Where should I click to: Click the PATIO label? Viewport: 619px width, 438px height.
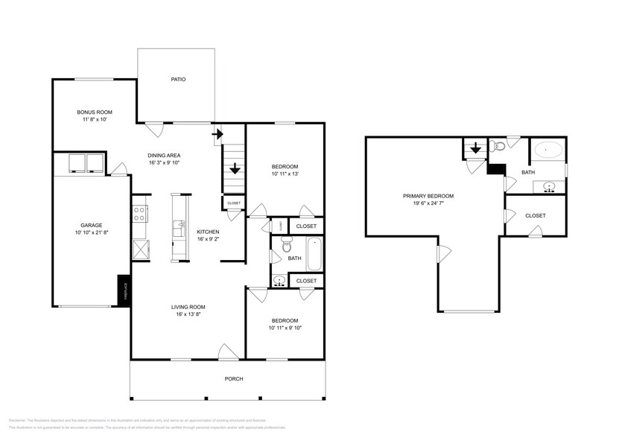click(177, 79)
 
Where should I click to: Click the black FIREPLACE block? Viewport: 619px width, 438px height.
click(124, 290)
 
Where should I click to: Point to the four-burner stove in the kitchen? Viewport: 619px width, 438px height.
click(139, 214)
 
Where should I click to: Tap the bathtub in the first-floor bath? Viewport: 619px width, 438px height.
click(314, 254)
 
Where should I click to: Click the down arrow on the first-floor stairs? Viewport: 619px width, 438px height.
click(235, 168)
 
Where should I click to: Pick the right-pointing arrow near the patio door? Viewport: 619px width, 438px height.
click(218, 134)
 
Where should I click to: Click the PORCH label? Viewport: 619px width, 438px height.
click(234, 378)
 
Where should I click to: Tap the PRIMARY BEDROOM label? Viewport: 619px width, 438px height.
click(428, 196)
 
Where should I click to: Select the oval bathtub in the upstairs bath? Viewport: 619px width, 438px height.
click(549, 150)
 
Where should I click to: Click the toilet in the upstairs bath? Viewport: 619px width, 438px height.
click(499, 147)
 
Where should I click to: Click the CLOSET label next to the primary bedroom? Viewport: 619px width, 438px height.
click(535, 215)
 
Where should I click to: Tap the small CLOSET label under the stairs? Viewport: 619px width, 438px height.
click(234, 203)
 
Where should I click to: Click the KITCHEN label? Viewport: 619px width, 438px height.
click(208, 232)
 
